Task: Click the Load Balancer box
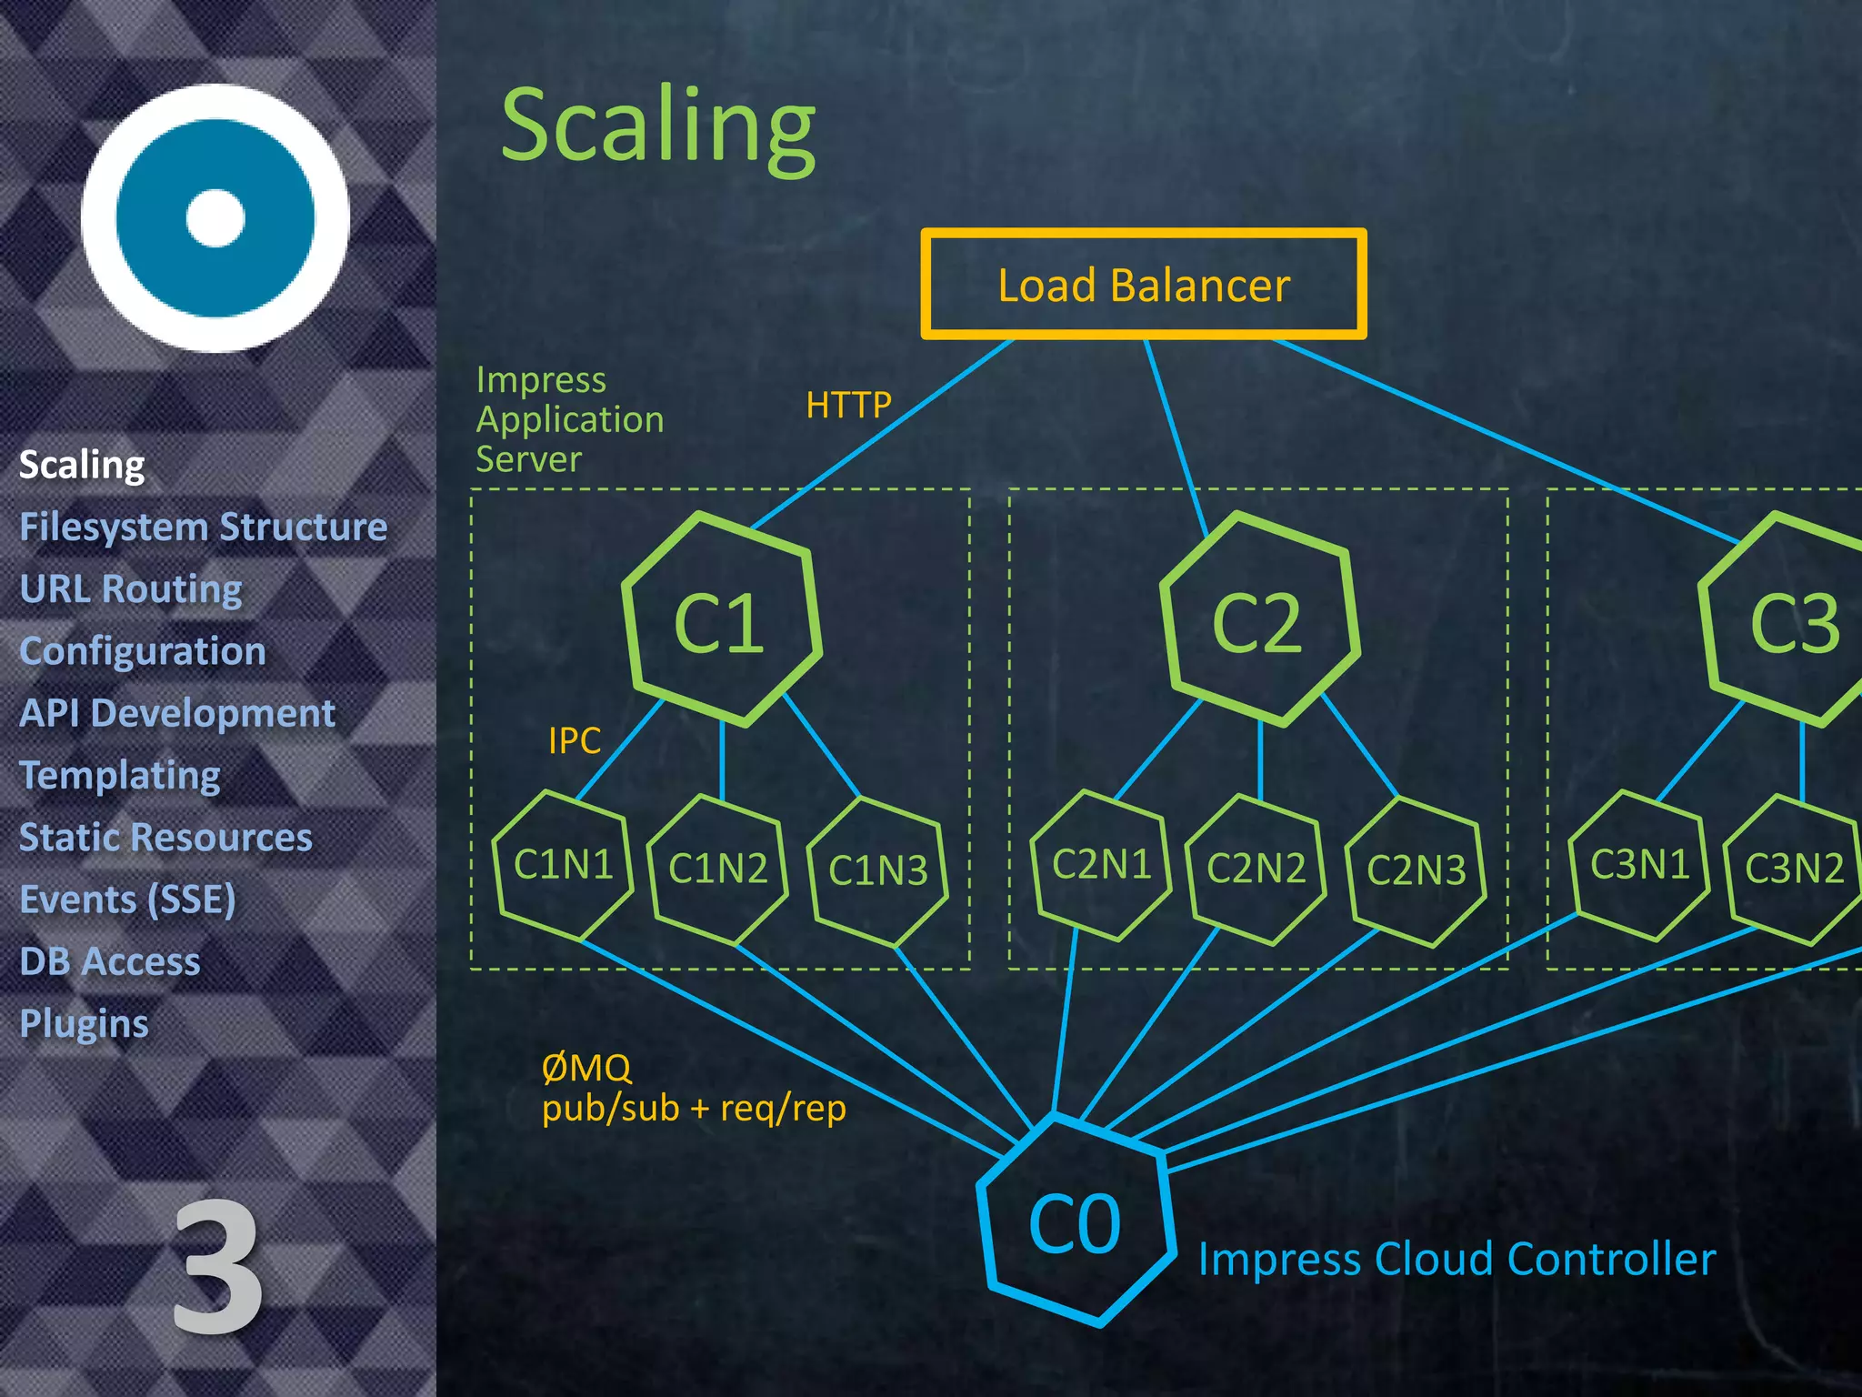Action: pos(1143,285)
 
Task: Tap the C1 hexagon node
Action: pos(721,621)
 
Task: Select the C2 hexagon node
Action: pos(1258,621)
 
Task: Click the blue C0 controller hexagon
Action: pos(1076,1223)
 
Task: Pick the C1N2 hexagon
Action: pos(717,869)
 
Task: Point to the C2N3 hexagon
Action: pos(1416,870)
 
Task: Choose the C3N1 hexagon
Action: pos(1639,864)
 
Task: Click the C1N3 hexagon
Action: pos(877,870)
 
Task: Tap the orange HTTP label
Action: pos(848,405)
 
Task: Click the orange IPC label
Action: pos(575,740)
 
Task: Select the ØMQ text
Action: pos(586,1068)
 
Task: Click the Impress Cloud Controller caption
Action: pos(1457,1260)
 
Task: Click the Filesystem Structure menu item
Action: pos(204,528)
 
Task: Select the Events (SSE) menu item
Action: pos(128,900)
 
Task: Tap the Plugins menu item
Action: pos(84,1023)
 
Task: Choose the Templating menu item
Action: pos(120,775)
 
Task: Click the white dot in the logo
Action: pos(215,218)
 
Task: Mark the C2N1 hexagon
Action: pos(1101,864)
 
